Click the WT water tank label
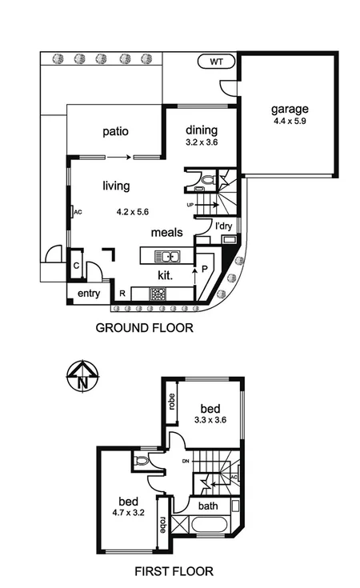click(x=216, y=61)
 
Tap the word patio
click(x=116, y=131)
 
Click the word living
click(x=116, y=186)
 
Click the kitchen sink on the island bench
click(x=169, y=257)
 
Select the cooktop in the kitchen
click(x=158, y=293)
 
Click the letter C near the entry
click(x=76, y=266)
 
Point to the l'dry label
click(x=225, y=227)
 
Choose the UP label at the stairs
click(x=190, y=205)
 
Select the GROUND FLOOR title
click(x=144, y=328)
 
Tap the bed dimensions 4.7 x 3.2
click(x=132, y=506)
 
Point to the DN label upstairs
click(x=186, y=462)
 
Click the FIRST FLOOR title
click(x=174, y=571)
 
